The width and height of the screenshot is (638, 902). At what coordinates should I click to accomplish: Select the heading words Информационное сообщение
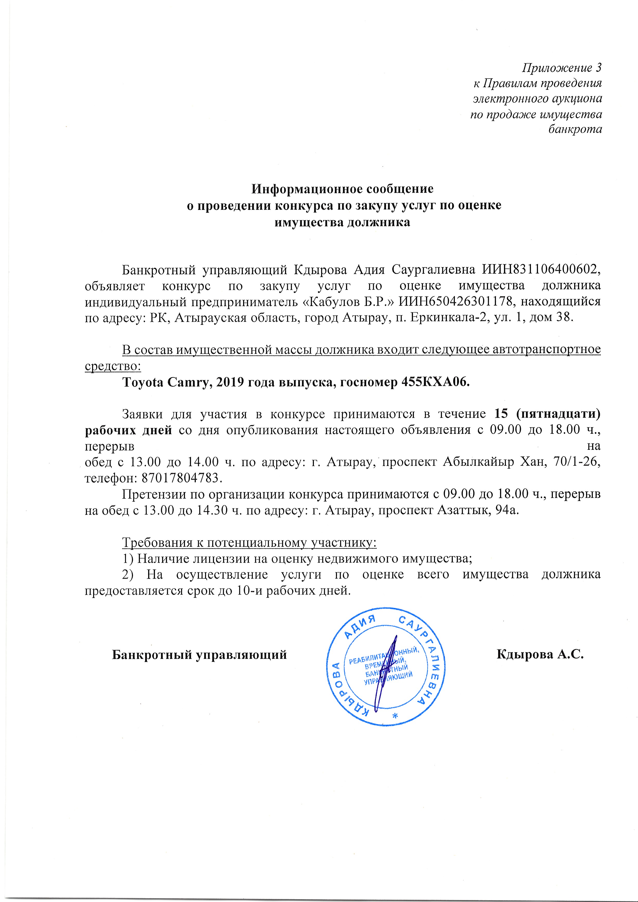click(342, 189)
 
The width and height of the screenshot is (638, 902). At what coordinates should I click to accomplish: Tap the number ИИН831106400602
click(540, 270)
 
